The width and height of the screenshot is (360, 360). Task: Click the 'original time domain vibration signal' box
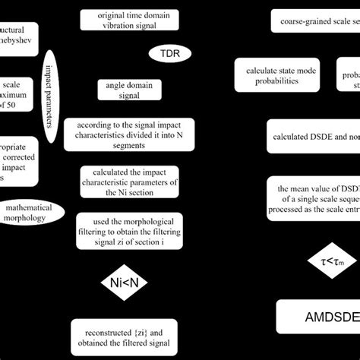pyautogui.click(x=127, y=21)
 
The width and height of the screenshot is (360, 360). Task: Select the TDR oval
pyautogui.click(x=170, y=54)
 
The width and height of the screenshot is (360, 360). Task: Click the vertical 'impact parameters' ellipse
pyautogui.click(x=51, y=99)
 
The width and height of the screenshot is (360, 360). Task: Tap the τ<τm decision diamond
pyautogui.click(x=331, y=261)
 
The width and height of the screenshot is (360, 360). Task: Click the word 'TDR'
pyautogui.click(x=170, y=54)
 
